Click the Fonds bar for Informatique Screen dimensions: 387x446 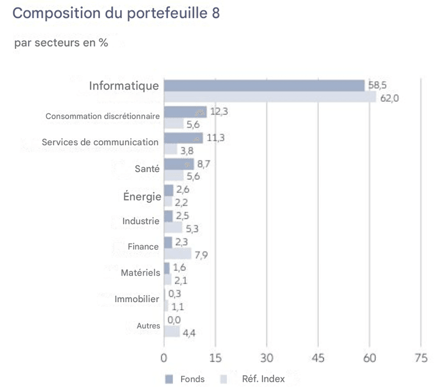tap(264, 85)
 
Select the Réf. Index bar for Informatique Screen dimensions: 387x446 tap(270, 97)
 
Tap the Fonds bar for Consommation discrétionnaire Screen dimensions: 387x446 tap(185, 112)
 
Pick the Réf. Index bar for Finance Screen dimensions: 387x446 tap(178, 253)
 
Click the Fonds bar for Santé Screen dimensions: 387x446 tap(179, 164)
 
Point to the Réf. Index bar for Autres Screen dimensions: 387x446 tap(172, 332)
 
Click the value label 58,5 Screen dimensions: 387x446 tap(377, 85)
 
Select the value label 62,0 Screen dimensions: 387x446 tap(389, 98)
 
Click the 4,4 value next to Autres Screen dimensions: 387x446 tap(189, 332)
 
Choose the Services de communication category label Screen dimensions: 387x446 tap(100, 142)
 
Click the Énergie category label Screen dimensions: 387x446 tap(142, 196)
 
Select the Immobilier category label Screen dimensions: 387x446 tap(136, 299)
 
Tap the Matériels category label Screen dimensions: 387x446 tap(139, 273)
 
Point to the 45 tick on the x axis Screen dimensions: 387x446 tap(318, 358)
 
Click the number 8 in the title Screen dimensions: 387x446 tap(215, 13)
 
